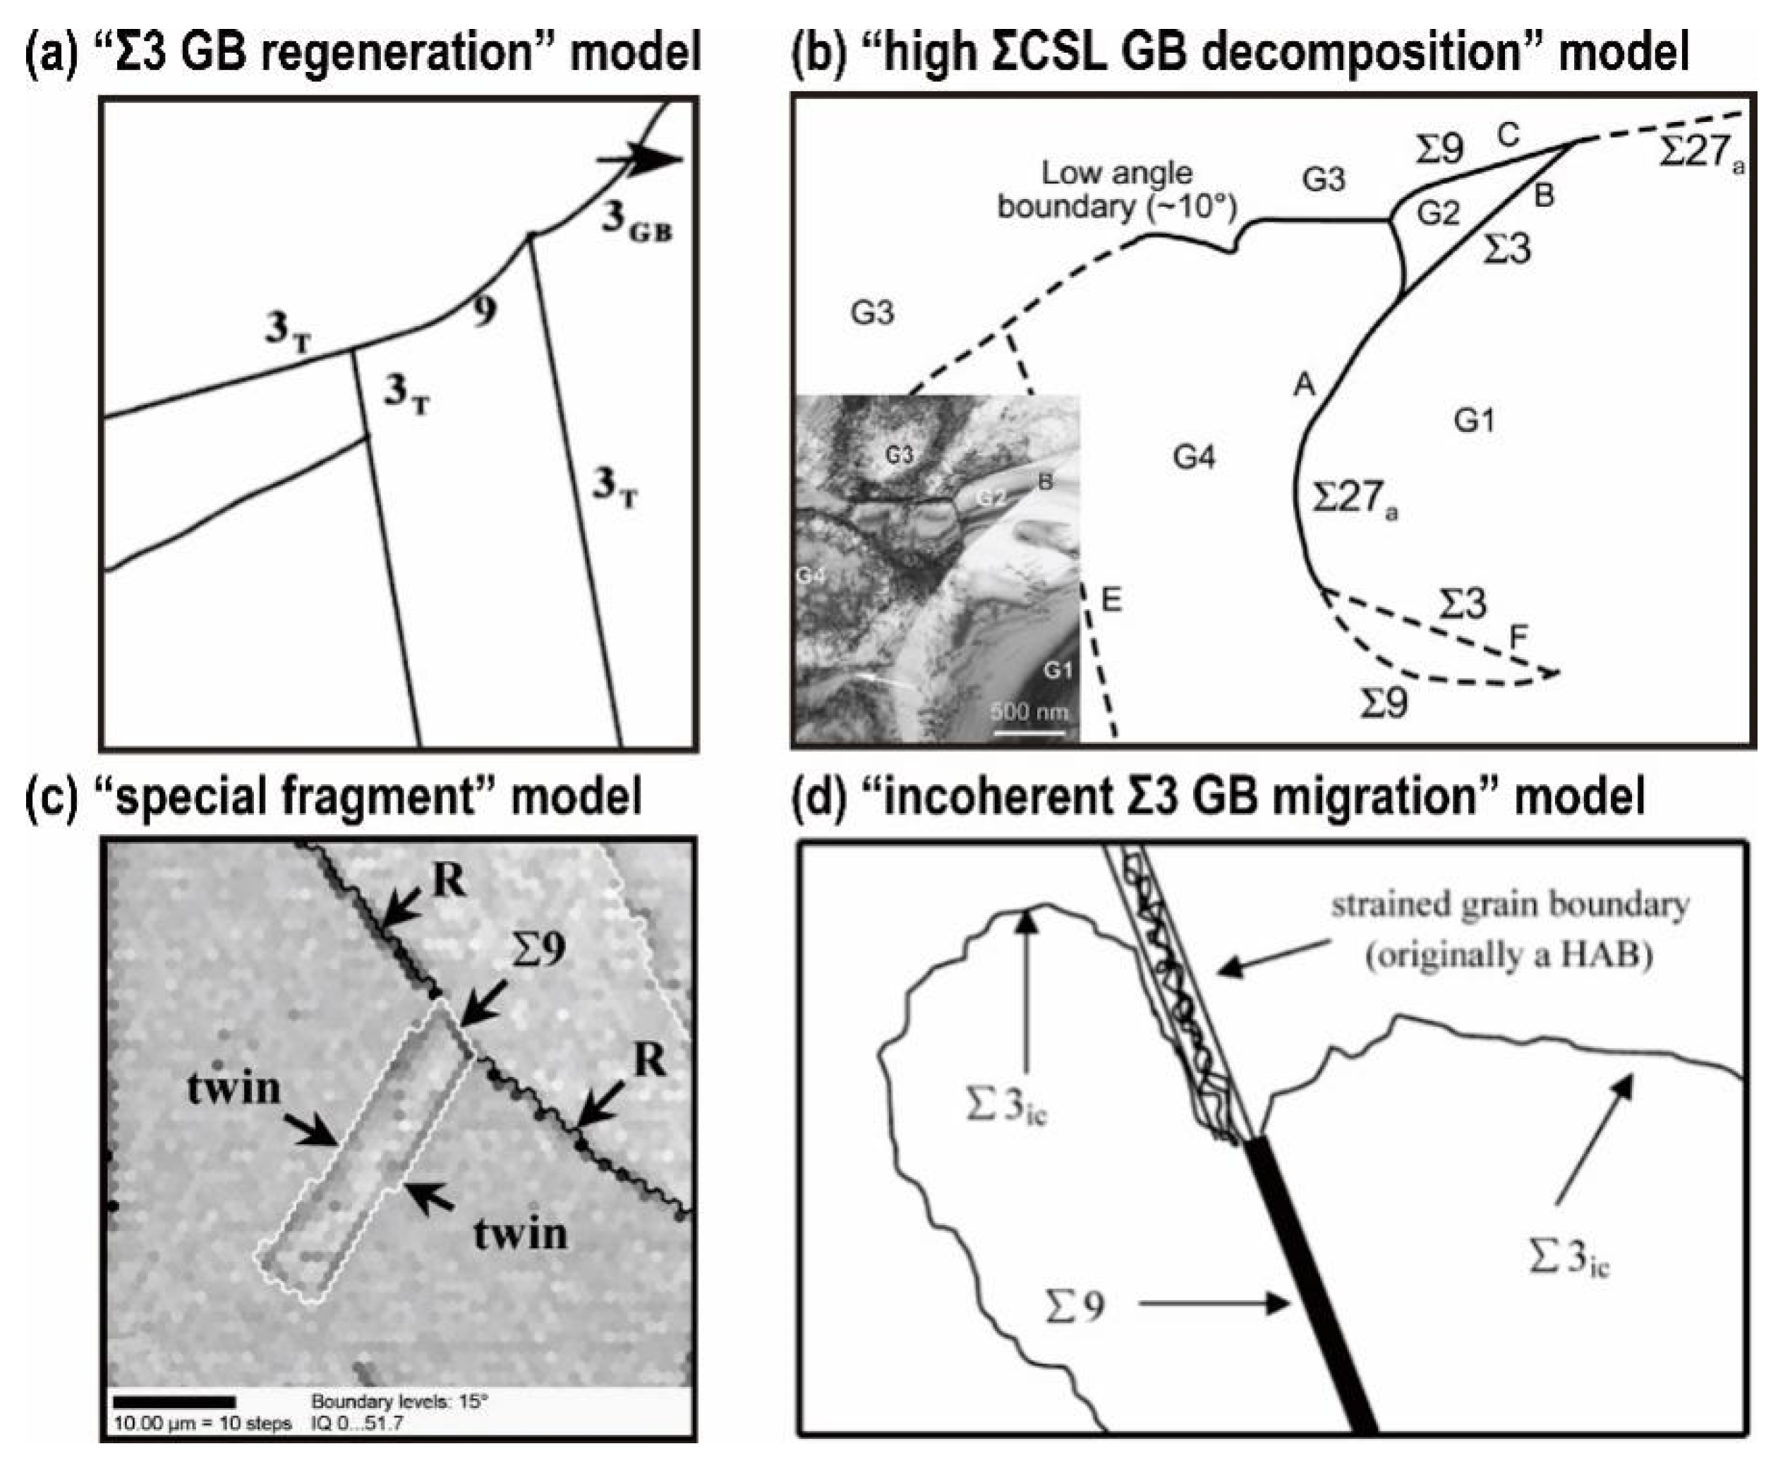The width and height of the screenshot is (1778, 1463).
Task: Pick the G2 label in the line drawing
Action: point(1437,213)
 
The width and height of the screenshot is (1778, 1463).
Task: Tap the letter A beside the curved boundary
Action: point(1305,385)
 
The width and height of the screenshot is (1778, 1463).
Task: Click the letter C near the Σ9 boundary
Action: point(1508,135)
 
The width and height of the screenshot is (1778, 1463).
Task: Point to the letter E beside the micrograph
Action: point(1111,601)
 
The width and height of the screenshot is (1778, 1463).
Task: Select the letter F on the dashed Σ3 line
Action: point(1518,637)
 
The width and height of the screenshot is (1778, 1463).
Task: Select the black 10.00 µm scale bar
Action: point(174,1402)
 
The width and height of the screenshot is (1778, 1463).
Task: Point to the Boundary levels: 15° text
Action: point(399,1402)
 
